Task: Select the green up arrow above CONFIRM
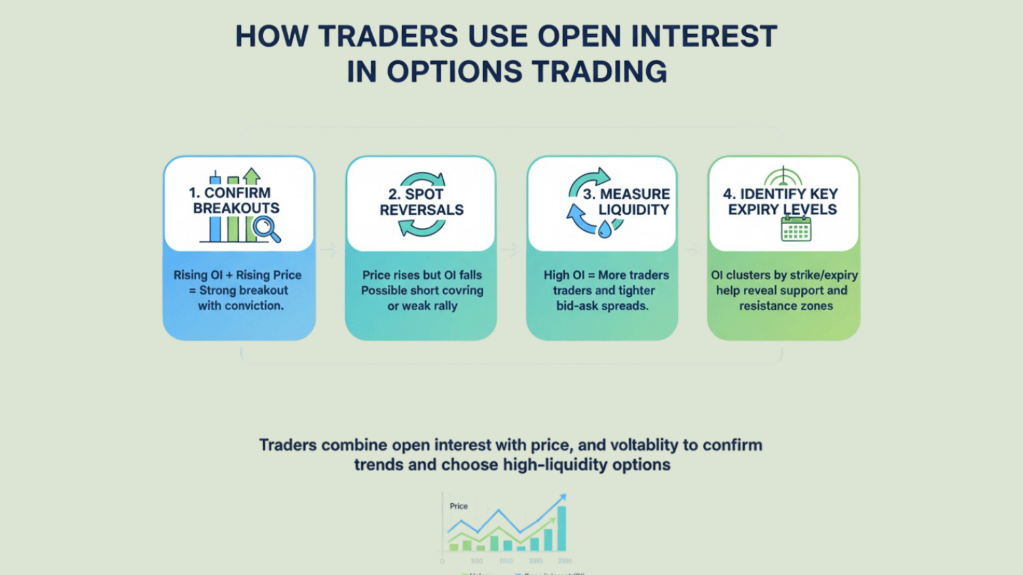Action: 251,176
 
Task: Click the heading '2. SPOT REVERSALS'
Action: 421,202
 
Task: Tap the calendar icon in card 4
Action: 796,229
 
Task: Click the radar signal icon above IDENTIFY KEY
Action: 783,176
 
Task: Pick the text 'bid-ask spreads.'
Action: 602,306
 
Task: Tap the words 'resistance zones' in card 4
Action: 786,306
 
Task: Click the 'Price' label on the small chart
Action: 458,506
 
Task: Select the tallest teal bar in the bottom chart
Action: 562,528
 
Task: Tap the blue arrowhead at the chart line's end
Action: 562,498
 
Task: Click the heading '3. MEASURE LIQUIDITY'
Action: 627,202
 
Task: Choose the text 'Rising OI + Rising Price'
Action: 238,275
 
